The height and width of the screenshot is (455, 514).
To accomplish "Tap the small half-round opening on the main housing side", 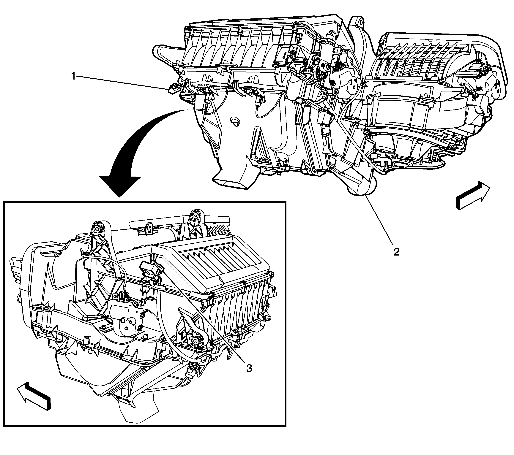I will [235, 121].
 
